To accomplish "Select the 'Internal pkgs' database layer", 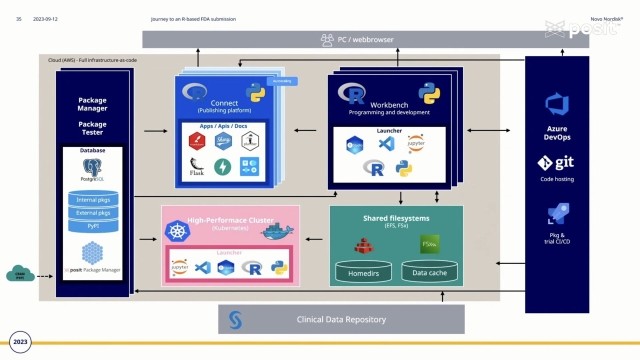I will click(92, 200).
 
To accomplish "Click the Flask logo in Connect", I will click(198, 166).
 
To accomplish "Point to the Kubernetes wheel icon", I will click(178, 232).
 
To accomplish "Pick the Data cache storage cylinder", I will click(429, 270).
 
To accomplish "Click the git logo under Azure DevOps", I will click(557, 162).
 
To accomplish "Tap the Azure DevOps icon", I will click(557, 103).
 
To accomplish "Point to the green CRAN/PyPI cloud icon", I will click(19, 274).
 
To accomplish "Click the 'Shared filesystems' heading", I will click(395, 218).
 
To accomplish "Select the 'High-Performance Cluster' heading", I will click(230, 218).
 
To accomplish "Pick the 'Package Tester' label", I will click(92, 129).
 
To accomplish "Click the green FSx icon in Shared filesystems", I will click(429, 243).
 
